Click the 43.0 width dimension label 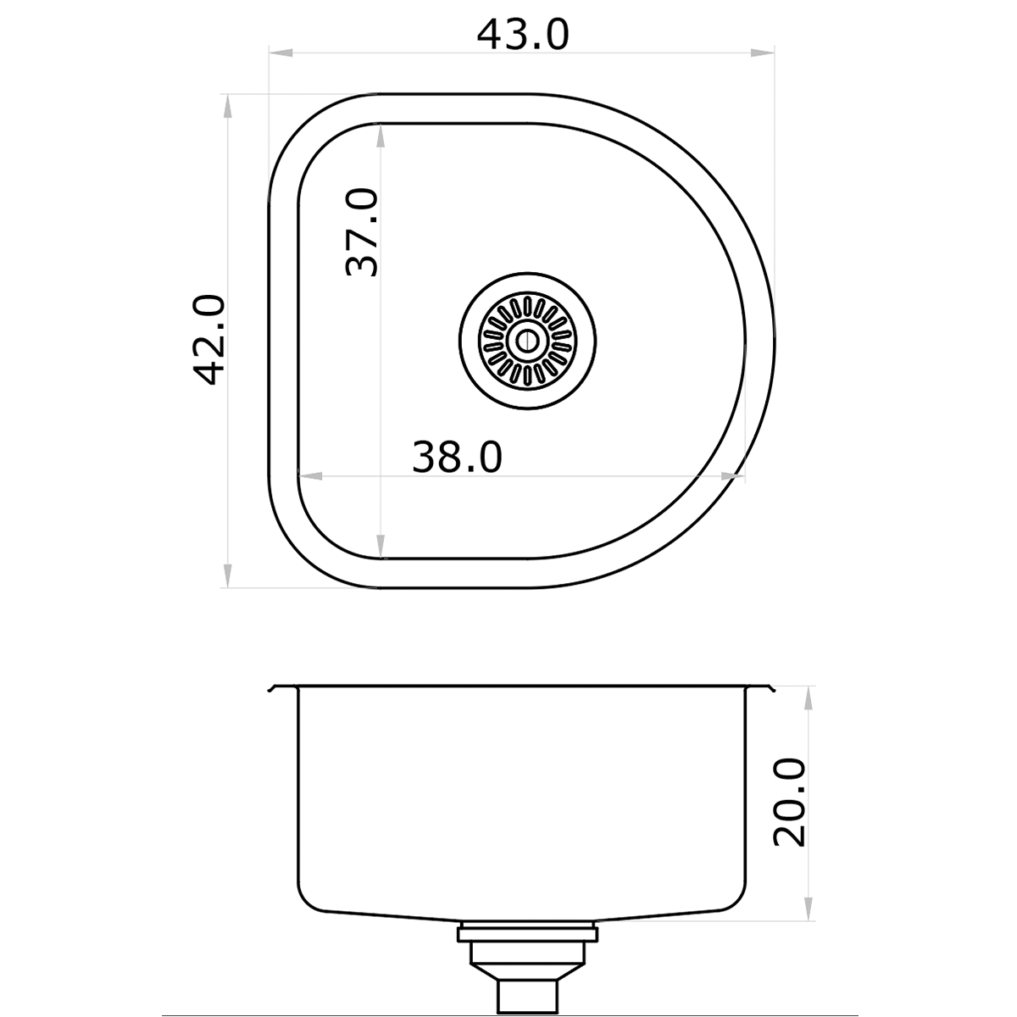click(x=523, y=35)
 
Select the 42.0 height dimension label click(x=208, y=340)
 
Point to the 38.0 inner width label click(x=457, y=458)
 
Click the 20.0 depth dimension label click(x=790, y=802)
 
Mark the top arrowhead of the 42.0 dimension click(x=226, y=106)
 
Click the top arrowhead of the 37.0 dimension click(x=381, y=135)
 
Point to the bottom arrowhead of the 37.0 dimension click(x=381, y=547)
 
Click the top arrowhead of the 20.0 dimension click(x=809, y=697)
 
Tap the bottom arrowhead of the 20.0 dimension click(x=809, y=909)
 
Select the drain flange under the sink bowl click(x=528, y=933)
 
